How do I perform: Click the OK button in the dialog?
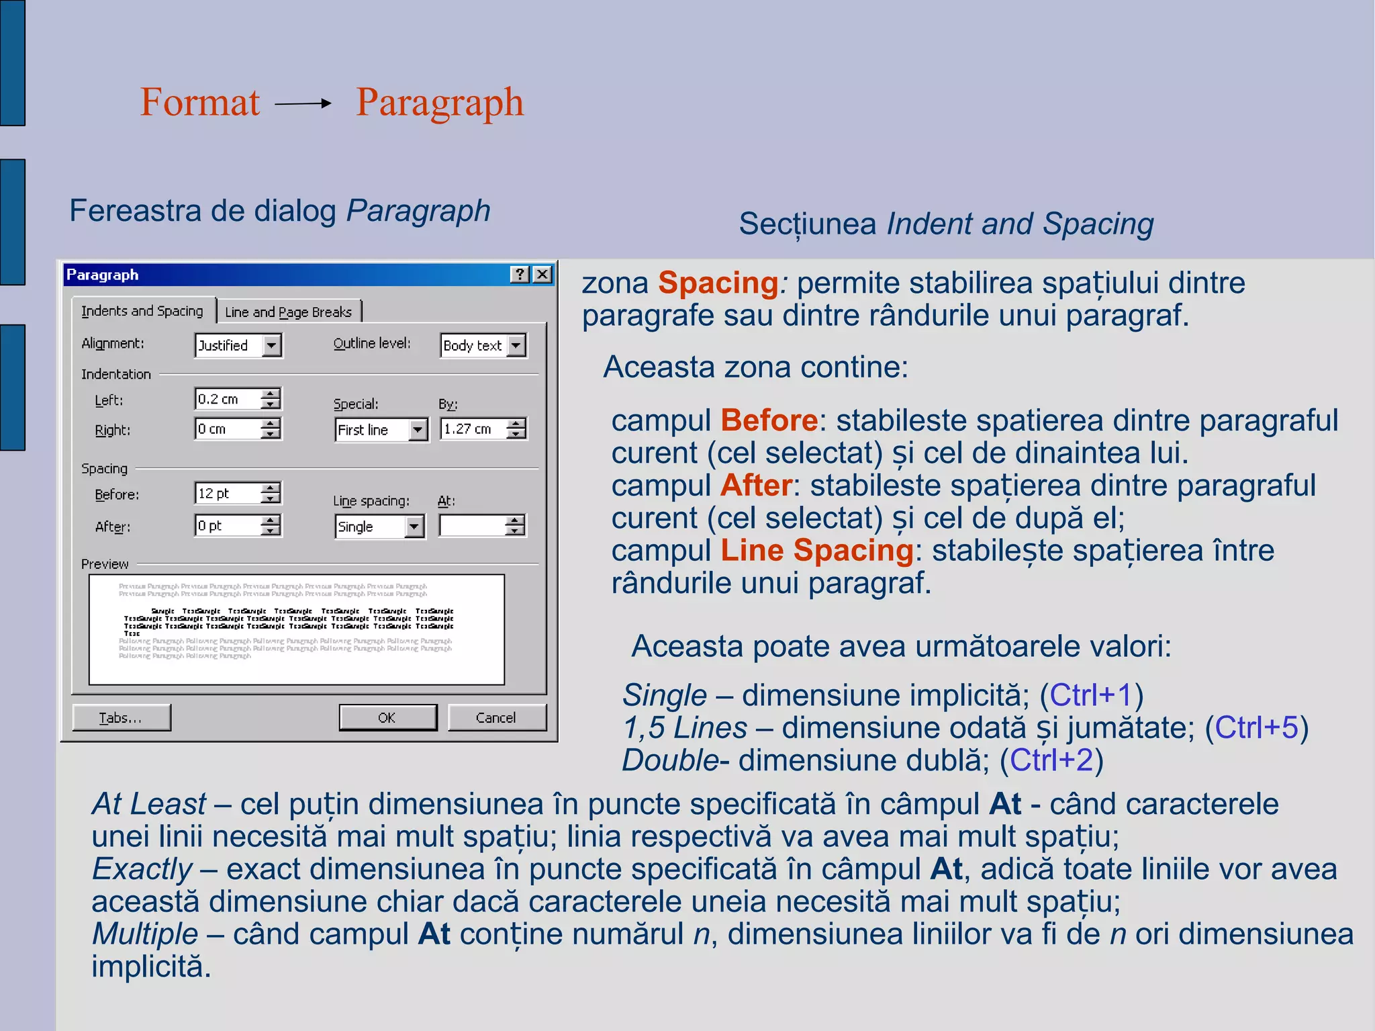[387, 717]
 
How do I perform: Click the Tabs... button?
[121, 717]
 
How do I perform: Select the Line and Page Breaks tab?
[288, 312]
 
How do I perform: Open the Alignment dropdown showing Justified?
[272, 345]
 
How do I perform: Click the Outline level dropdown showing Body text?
[516, 345]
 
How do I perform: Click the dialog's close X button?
[542, 274]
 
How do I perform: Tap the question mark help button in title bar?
[520, 274]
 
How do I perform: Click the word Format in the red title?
[199, 103]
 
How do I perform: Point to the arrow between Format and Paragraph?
[303, 103]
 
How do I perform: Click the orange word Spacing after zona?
[718, 283]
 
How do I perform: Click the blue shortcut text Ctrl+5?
[1256, 727]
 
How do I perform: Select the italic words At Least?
[149, 804]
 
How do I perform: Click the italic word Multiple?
[145, 934]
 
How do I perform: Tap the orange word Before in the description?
[769, 420]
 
